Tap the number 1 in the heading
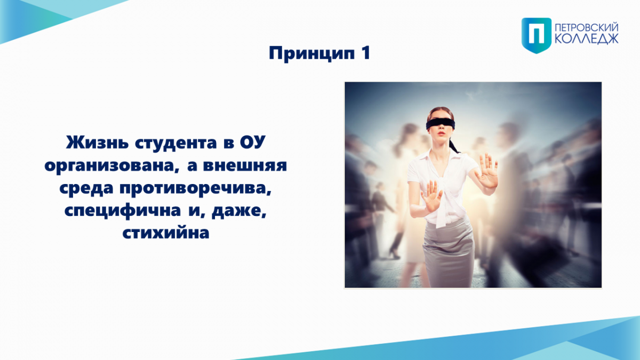(366, 53)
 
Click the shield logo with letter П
(537, 35)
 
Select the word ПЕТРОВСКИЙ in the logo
(587, 28)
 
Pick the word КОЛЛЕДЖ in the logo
(587, 38)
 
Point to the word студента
(175, 143)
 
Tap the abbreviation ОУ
(253, 142)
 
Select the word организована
(112, 166)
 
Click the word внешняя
(245, 166)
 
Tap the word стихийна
(166, 233)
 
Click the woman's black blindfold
(441, 124)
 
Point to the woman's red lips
(442, 133)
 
